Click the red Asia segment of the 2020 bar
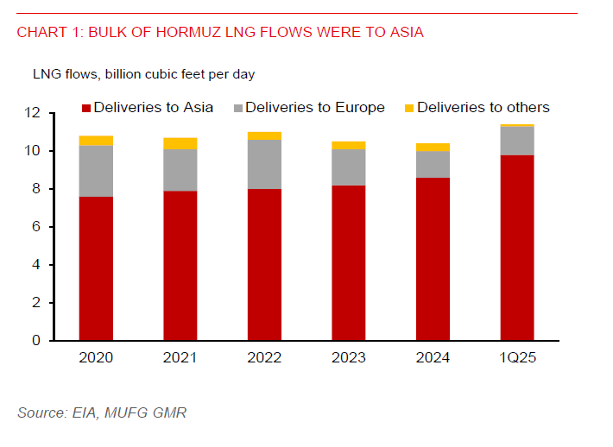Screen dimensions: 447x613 pos(96,268)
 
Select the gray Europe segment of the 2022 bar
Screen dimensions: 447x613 pos(264,164)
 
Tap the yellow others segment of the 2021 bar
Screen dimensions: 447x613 pos(180,143)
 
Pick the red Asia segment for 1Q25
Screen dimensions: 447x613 pos(517,248)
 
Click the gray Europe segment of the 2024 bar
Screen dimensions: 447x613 pos(433,164)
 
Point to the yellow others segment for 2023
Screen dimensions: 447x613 pos(349,145)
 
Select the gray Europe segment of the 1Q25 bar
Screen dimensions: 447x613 pos(517,141)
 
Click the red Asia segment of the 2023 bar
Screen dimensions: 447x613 pos(349,262)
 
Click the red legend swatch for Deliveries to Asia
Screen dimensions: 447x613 pos(85,108)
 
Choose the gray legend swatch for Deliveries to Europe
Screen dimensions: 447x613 pos(237,108)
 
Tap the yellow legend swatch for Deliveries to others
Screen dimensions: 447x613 pos(409,108)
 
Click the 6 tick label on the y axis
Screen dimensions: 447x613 pos(36,227)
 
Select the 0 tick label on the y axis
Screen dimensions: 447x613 pos(36,341)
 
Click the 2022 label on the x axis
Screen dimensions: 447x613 pos(264,357)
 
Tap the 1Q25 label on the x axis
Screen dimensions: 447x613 pos(517,357)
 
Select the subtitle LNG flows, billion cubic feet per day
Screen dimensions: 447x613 pos(143,74)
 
